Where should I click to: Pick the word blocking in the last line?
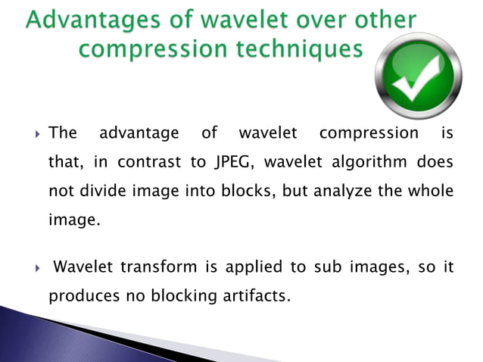175,295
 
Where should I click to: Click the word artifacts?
253,295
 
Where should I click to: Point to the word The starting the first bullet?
63,134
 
